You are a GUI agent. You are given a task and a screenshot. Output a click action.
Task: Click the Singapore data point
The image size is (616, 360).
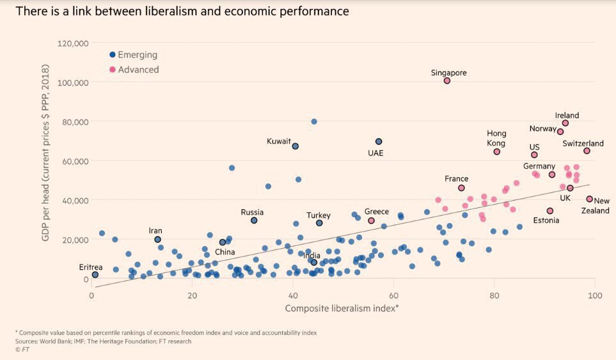tap(447, 81)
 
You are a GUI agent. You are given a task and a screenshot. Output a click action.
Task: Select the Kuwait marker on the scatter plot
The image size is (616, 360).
tap(296, 146)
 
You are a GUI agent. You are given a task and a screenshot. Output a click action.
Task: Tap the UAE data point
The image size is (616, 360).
tap(379, 141)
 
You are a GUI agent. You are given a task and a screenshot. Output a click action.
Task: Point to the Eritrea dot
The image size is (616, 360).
tap(95, 274)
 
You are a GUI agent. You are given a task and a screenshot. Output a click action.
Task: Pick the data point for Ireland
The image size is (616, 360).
tap(565, 123)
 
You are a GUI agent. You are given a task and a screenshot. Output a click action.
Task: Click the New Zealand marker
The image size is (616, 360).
tap(590, 200)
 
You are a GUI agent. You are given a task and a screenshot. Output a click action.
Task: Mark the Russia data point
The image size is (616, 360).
tap(254, 220)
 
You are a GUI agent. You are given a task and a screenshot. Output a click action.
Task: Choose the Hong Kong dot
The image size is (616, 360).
tap(496, 152)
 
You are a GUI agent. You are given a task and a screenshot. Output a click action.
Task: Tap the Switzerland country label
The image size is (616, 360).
tap(583, 144)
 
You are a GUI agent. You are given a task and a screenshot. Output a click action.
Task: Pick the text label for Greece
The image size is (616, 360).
tap(377, 212)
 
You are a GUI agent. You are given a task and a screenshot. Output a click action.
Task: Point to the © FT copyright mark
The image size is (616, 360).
tap(22, 350)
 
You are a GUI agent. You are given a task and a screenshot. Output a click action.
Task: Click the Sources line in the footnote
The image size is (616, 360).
tap(103, 341)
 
